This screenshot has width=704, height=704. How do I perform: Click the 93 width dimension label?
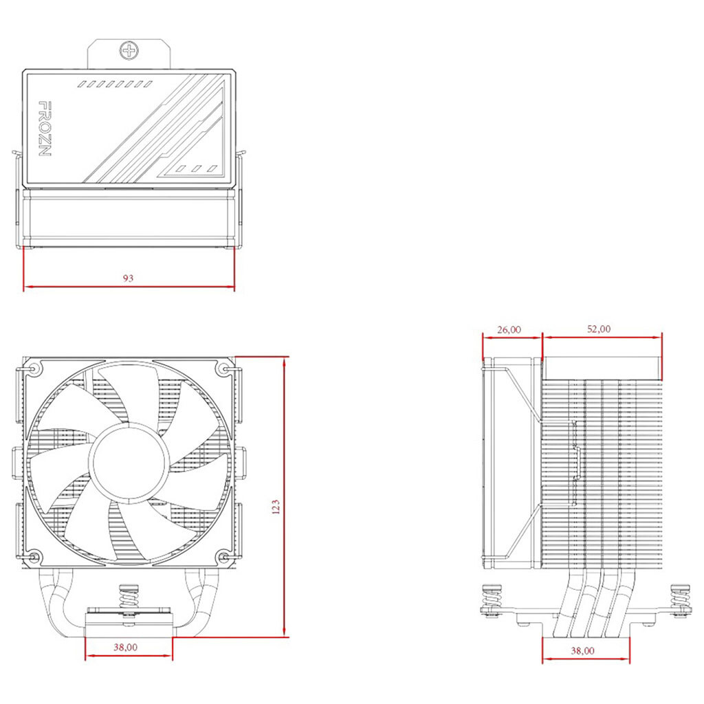tap(128, 278)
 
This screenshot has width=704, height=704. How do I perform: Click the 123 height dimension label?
tap(276, 506)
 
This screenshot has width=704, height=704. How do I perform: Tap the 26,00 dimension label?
tap(509, 329)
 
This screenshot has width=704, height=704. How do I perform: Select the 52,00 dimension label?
tap(599, 329)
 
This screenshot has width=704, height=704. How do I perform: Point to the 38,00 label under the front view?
tap(125, 647)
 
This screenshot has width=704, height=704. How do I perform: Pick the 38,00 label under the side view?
tap(582, 650)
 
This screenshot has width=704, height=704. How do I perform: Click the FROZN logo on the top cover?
tap(45, 129)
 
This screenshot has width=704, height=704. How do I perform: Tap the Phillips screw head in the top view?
tap(129, 50)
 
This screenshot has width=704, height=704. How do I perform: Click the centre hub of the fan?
tap(128, 461)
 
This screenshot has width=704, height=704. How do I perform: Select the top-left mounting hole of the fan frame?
tap(34, 369)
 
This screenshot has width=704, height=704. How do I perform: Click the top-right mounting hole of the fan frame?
tap(224, 369)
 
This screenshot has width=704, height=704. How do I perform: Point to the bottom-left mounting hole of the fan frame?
tap(34, 557)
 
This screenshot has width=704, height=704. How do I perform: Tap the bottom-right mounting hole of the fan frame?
tap(224, 557)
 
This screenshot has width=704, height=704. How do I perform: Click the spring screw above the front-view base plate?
tap(129, 599)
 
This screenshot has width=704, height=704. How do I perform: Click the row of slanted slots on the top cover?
tap(115, 84)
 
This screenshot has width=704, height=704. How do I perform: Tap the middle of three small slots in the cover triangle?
tap(196, 169)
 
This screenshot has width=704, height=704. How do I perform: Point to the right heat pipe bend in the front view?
tap(201, 602)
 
